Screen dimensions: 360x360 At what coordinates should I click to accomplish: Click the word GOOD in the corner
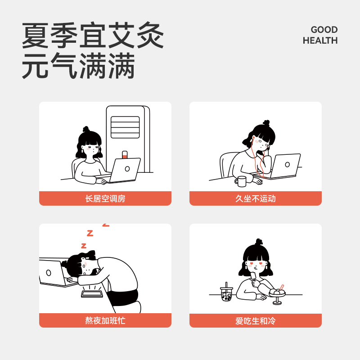tap(324, 30)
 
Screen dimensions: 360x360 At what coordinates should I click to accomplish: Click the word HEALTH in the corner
tap(320, 40)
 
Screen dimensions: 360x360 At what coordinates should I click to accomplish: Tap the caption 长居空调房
tap(105, 198)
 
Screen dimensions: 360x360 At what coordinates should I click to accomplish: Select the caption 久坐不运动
tap(255, 198)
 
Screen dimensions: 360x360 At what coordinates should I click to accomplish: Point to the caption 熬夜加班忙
tap(105, 320)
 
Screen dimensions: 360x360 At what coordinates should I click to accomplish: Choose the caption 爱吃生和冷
tap(255, 321)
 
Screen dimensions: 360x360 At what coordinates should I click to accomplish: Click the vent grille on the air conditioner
tap(125, 127)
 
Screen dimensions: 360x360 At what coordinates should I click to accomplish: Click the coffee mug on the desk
tap(241, 181)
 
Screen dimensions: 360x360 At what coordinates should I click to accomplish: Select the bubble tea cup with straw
tap(227, 292)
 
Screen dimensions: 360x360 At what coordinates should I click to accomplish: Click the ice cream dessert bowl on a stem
tap(277, 294)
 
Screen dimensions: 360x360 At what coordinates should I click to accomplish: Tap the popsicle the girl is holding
tap(253, 277)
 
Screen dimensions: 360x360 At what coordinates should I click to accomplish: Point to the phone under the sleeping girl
tap(92, 294)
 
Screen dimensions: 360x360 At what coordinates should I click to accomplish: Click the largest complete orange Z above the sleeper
tap(90, 233)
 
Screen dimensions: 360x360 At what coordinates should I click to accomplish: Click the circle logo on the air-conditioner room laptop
tap(127, 169)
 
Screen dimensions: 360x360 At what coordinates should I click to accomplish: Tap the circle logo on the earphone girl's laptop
tap(287, 164)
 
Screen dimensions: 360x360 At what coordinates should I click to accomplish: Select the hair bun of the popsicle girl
tap(259, 242)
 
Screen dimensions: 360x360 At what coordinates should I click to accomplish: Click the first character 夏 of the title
tap(35, 35)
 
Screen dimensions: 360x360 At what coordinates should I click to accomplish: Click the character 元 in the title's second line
tap(35, 65)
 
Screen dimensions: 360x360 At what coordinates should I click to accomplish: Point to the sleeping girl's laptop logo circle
tap(49, 273)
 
